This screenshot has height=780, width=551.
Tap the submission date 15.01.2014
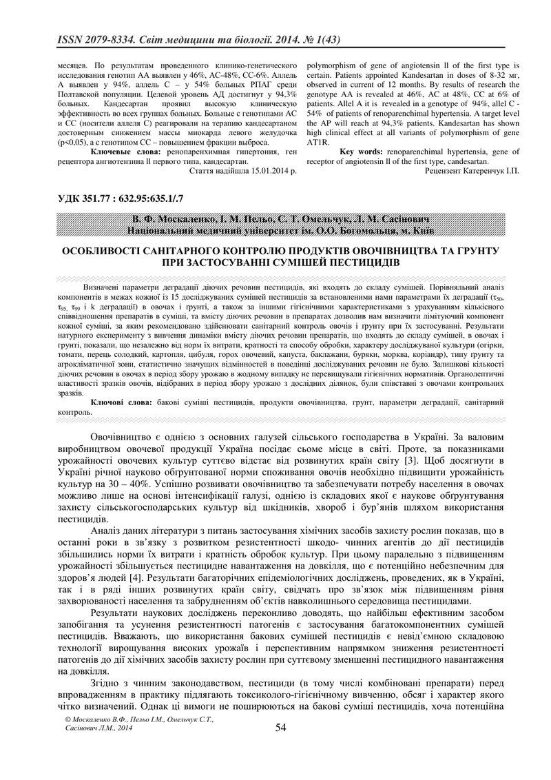[x=271, y=170]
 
